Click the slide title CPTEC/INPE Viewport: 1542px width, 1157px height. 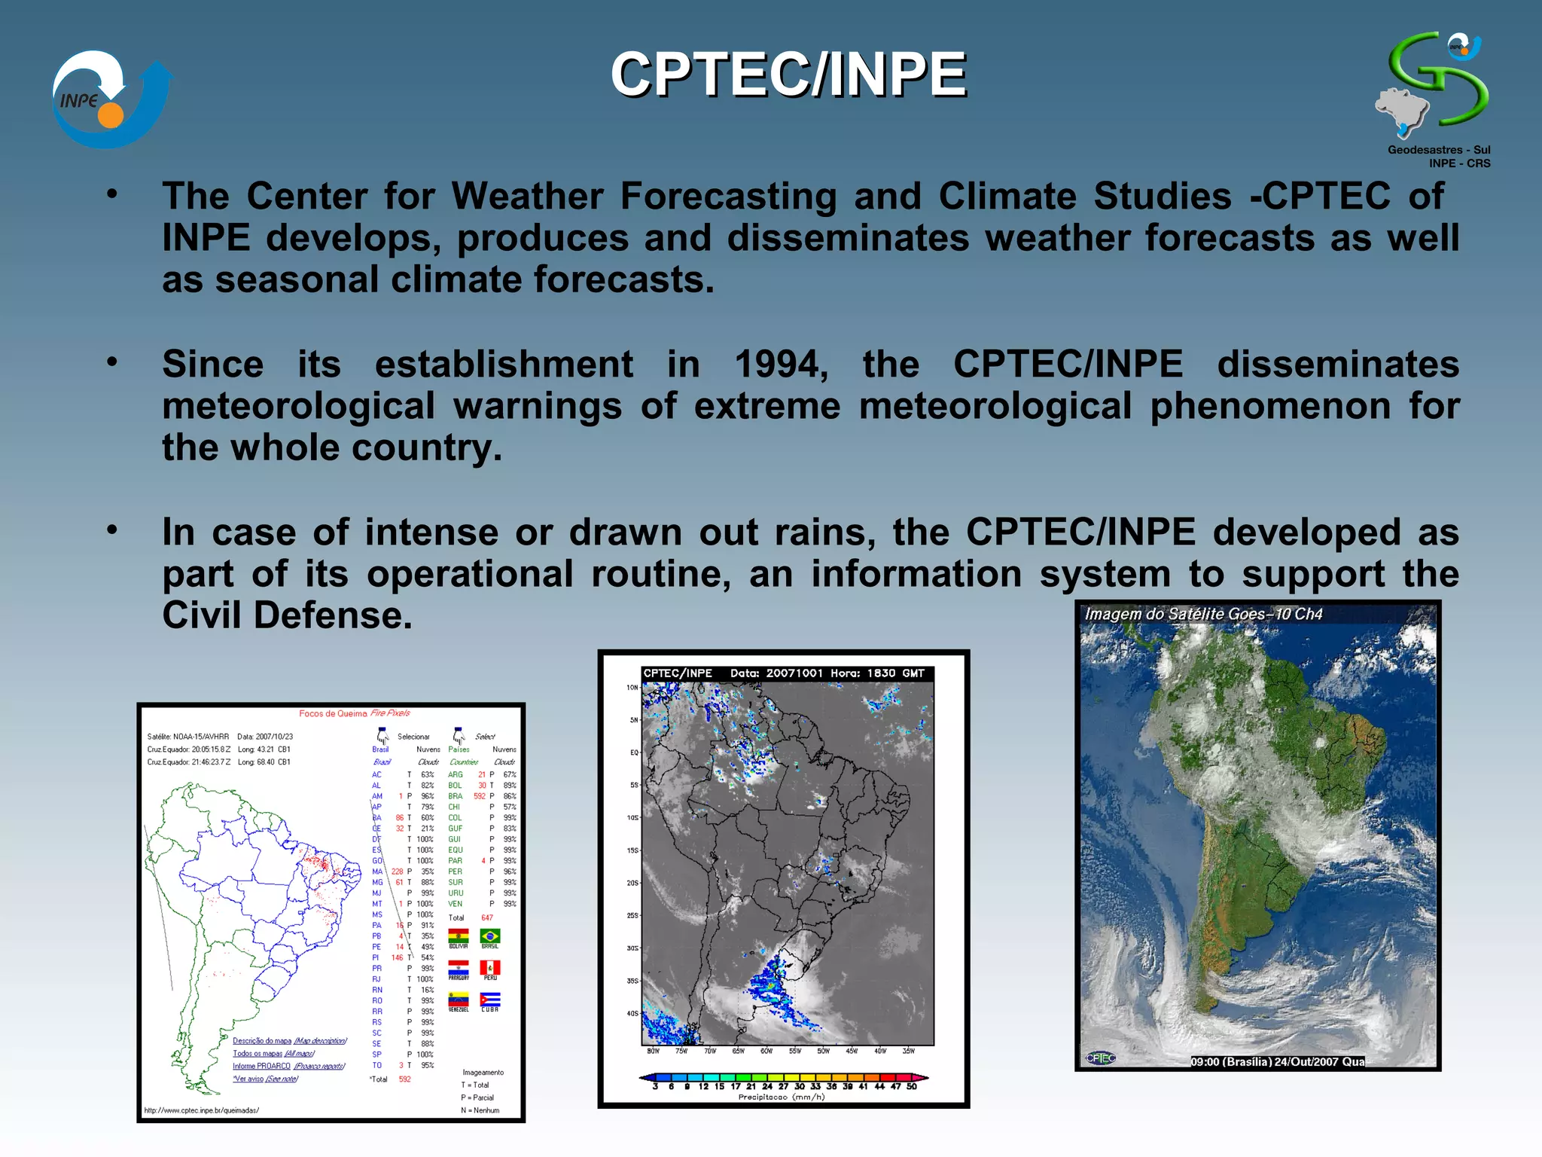click(788, 75)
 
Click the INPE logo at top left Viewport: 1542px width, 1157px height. click(109, 99)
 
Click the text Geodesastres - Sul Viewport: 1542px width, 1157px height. click(1438, 150)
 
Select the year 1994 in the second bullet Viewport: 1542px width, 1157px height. click(779, 365)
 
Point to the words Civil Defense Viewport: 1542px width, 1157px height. click(287, 615)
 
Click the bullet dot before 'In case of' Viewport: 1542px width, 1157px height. click(112, 530)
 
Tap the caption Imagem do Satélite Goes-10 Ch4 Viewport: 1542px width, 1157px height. click(1202, 614)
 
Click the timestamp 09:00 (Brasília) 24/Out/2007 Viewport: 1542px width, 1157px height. click(1276, 1062)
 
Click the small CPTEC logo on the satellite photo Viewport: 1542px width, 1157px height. click(1100, 1058)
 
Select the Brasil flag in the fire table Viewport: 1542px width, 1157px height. click(489, 936)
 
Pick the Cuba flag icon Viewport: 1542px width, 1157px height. click(489, 1000)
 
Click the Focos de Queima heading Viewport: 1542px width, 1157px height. click(354, 713)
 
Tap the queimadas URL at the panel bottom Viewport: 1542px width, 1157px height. click(201, 1110)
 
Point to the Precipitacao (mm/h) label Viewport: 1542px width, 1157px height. click(781, 1097)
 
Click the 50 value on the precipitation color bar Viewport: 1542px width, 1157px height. click(911, 1086)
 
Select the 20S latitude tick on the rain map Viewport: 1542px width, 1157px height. click(632, 883)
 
